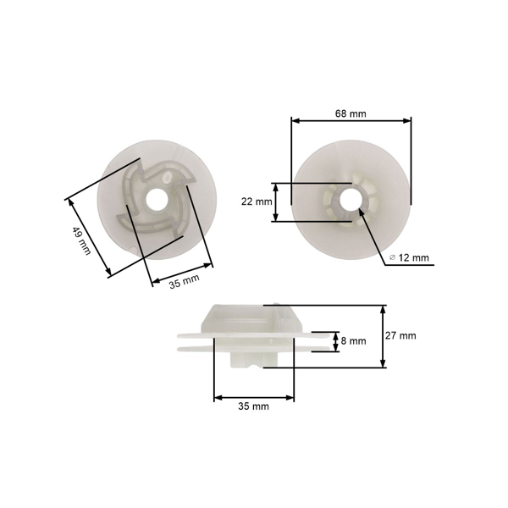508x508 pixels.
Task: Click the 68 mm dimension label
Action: (x=351, y=113)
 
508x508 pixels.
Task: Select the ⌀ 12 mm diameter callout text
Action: (x=411, y=257)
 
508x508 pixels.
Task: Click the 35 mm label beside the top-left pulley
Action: (x=184, y=280)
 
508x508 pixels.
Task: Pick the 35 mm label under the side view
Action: (x=253, y=406)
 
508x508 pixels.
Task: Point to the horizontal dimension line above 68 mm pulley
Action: (x=351, y=121)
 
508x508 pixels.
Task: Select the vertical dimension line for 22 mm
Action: (x=276, y=202)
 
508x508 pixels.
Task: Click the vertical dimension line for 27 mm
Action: (x=384, y=335)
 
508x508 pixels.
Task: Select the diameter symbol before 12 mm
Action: (x=394, y=257)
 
